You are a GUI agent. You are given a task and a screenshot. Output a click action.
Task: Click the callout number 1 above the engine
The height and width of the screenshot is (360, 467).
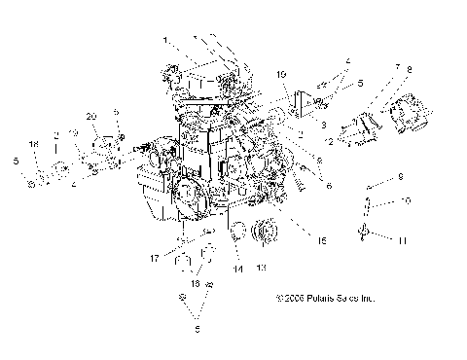click(x=165, y=40)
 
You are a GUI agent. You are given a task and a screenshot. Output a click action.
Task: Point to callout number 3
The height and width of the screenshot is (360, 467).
click(x=323, y=126)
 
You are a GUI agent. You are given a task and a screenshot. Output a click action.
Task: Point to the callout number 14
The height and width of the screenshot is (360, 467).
click(x=236, y=269)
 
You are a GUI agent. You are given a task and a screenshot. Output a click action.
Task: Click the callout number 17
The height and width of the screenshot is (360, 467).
click(x=155, y=257)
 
